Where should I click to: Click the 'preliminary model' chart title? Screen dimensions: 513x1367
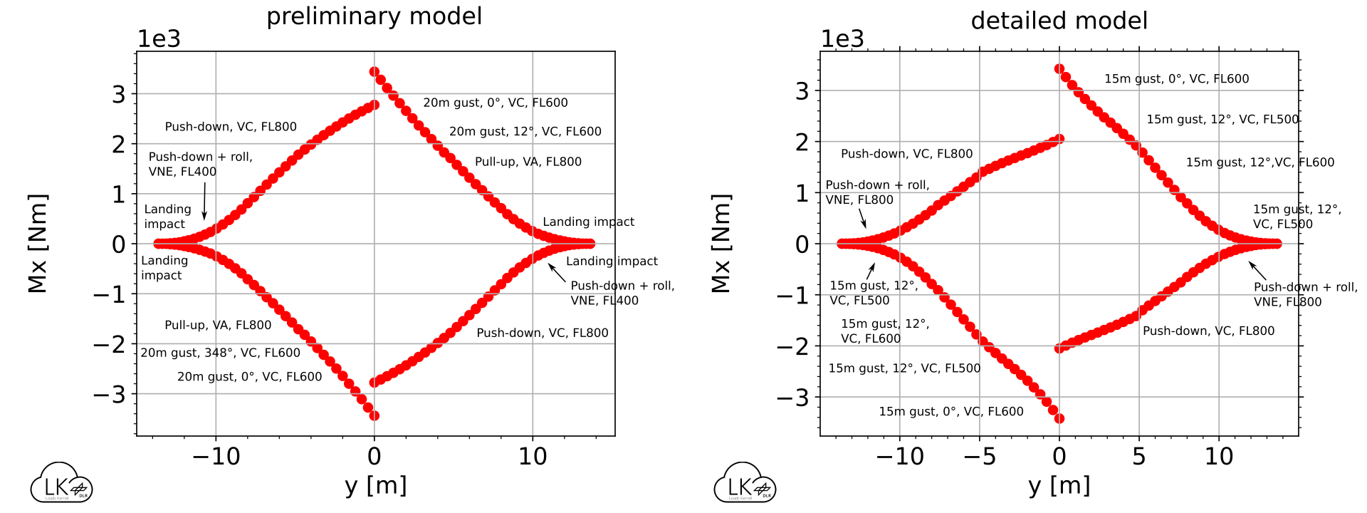(x=374, y=16)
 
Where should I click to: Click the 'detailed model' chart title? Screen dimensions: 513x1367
(x=1059, y=21)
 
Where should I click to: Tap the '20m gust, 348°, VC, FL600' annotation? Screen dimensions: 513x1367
(x=220, y=353)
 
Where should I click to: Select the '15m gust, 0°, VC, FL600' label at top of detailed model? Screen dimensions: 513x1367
(x=1176, y=79)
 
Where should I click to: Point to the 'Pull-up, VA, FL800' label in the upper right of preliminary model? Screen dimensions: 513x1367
(x=528, y=162)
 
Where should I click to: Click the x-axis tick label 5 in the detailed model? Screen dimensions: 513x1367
(x=1139, y=457)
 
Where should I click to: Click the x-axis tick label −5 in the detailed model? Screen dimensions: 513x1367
(x=979, y=457)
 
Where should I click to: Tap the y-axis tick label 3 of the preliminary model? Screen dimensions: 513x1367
(x=118, y=95)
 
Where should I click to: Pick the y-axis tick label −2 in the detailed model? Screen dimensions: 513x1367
(x=792, y=347)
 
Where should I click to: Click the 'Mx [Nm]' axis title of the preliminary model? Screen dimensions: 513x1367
(x=38, y=243)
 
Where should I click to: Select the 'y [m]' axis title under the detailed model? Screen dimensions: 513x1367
(x=1059, y=486)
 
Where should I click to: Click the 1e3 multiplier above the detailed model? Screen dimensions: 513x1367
(x=842, y=39)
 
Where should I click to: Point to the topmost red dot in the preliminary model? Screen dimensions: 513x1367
(x=375, y=72)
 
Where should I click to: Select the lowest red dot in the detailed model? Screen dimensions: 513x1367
(x=1059, y=418)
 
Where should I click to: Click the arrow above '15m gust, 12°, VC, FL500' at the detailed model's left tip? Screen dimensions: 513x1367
(x=870, y=271)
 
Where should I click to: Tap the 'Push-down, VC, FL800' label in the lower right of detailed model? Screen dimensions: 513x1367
(x=1208, y=331)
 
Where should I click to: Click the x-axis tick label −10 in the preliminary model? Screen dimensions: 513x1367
(x=216, y=457)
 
